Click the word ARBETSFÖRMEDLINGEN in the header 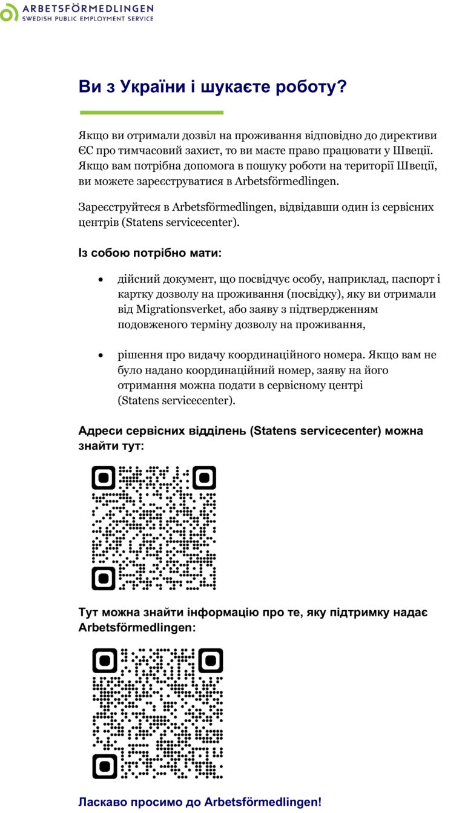pos(88,8)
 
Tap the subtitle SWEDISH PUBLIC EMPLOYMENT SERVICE pos(88,19)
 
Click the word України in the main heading pos(151,87)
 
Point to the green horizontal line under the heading pos(151,113)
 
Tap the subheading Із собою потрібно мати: pos(150,252)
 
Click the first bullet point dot pos(101,280)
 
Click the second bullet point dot pos(101,355)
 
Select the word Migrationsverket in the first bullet pos(176,309)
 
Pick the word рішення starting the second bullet pos(139,355)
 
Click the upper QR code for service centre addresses pos(154,528)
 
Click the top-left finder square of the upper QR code pos(104,478)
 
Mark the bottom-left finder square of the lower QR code pos(105,766)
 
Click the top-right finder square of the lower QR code pos(210,660)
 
